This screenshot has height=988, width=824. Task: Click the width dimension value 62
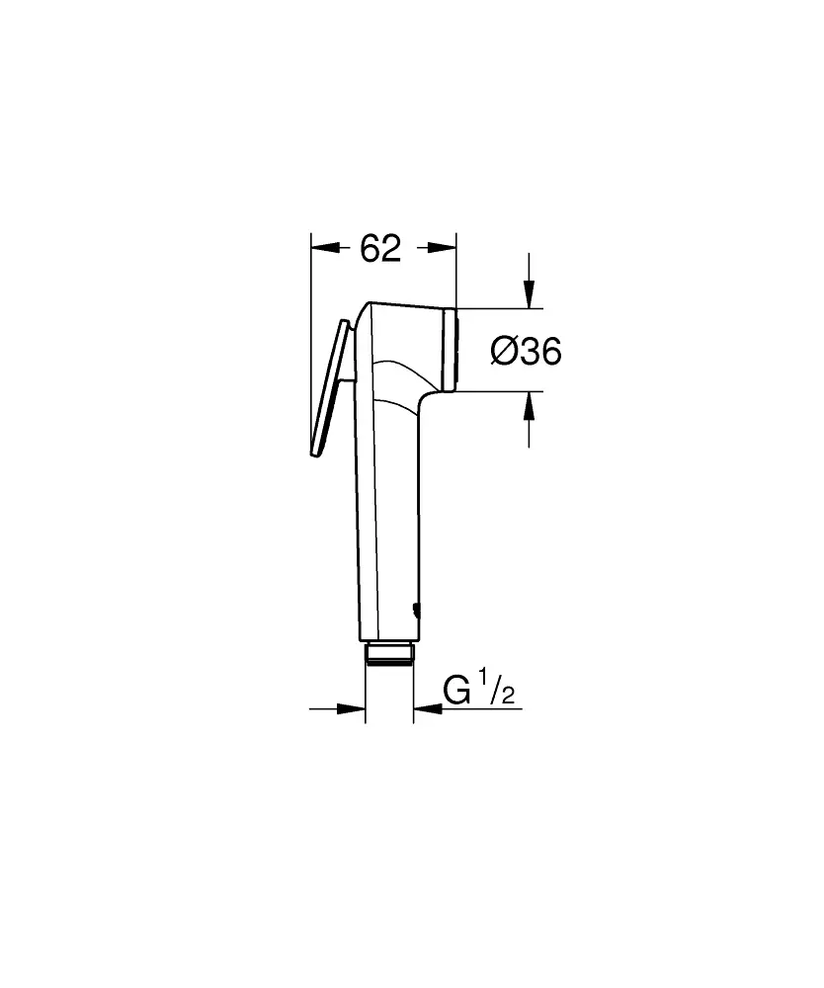coord(380,250)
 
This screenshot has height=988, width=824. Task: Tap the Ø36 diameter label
coord(526,351)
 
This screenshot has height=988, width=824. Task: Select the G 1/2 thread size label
coord(478,691)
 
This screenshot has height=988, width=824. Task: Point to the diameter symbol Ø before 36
coord(503,351)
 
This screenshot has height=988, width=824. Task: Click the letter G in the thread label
coord(456,691)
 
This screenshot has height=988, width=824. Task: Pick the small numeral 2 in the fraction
coord(508,698)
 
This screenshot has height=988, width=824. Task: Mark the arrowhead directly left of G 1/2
coord(427,707)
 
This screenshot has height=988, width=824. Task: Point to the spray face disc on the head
coord(453,350)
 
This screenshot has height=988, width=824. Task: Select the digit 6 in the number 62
coord(370,250)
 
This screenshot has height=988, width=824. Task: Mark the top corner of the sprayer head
coord(371,304)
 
